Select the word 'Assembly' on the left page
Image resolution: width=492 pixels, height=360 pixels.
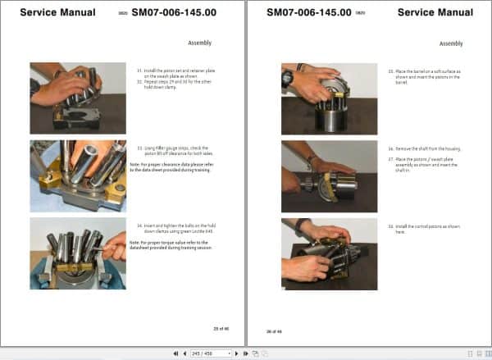click(200, 43)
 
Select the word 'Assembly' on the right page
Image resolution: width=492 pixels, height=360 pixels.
click(451, 43)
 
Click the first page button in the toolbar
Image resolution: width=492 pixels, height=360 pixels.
click(175, 353)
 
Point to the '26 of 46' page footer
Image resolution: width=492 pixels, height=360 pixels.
click(275, 330)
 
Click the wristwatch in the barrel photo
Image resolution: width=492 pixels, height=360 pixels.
click(287, 78)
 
